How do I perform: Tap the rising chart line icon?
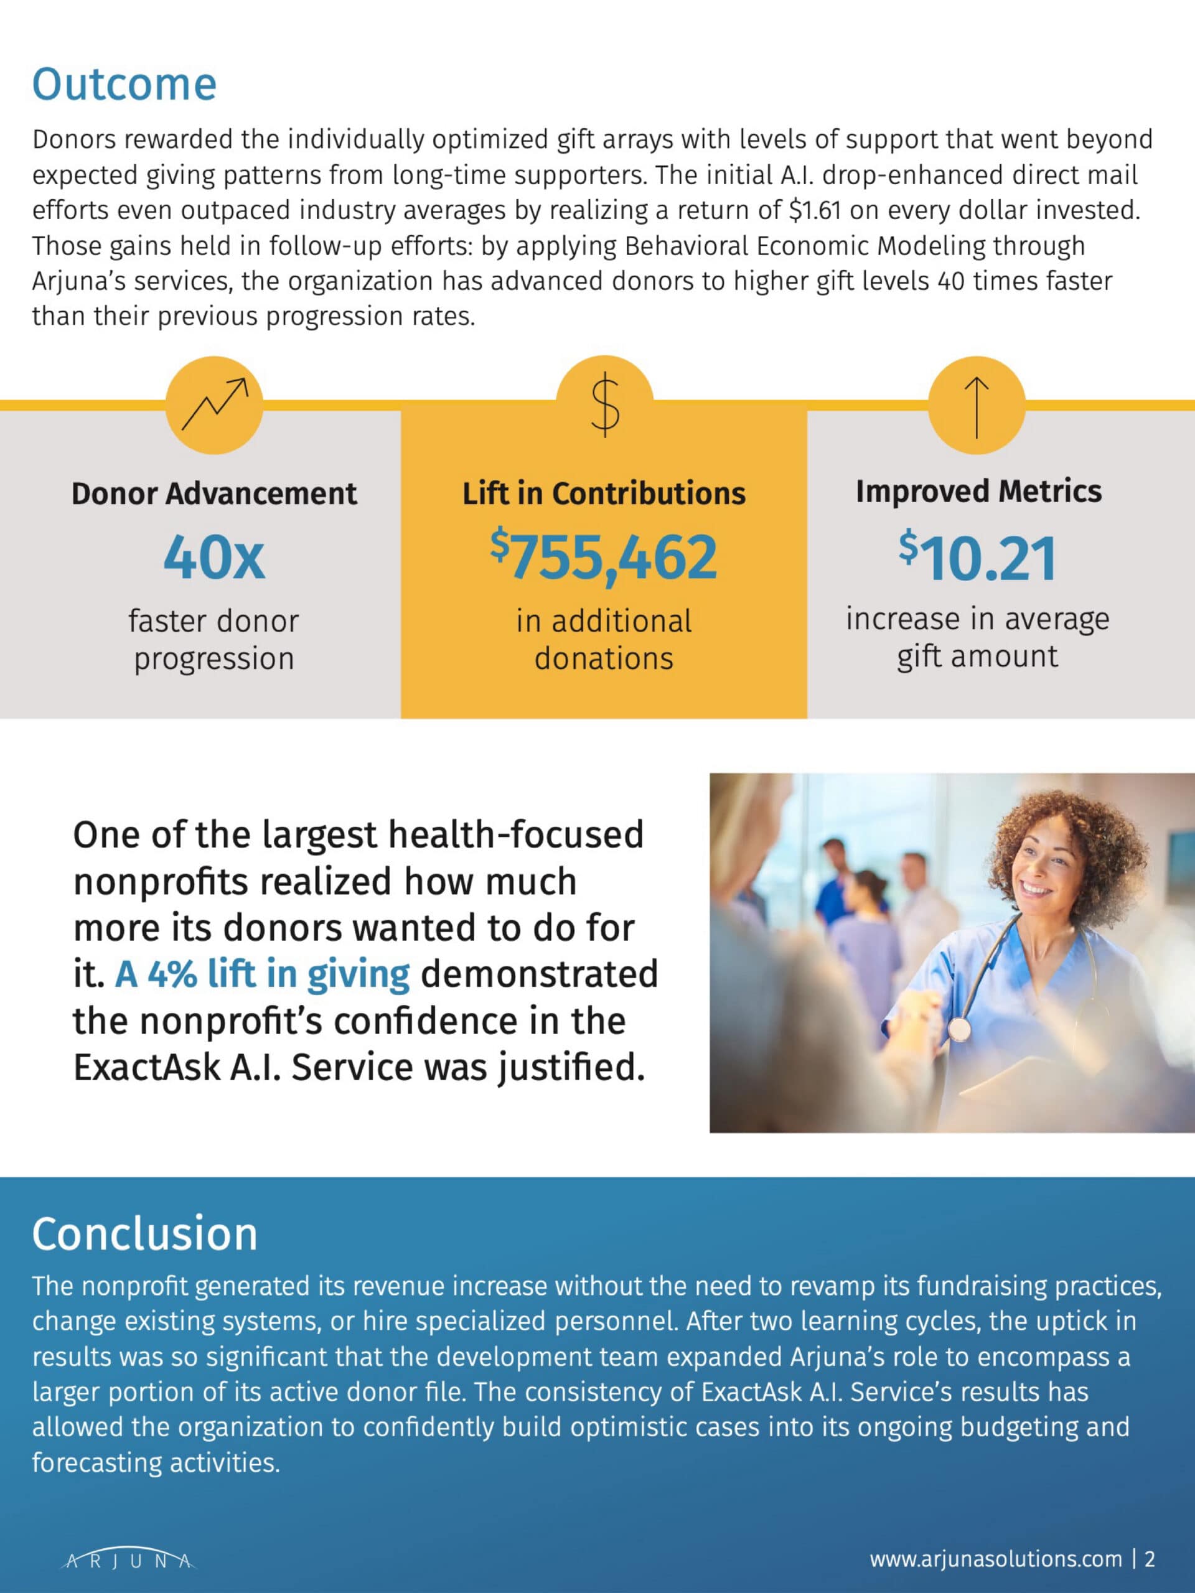[214, 404]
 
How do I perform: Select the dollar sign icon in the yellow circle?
[605, 404]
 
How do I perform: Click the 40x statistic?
[214, 558]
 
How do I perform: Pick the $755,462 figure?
[604, 557]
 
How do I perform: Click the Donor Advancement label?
[214, 494]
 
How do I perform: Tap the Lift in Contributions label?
[604, 494]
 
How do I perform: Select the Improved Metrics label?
[978, 492]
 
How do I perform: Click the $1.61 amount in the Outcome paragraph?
[815, 210]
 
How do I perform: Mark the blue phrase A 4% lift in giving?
[262, 974]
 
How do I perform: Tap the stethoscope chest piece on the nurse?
[958, 1029]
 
